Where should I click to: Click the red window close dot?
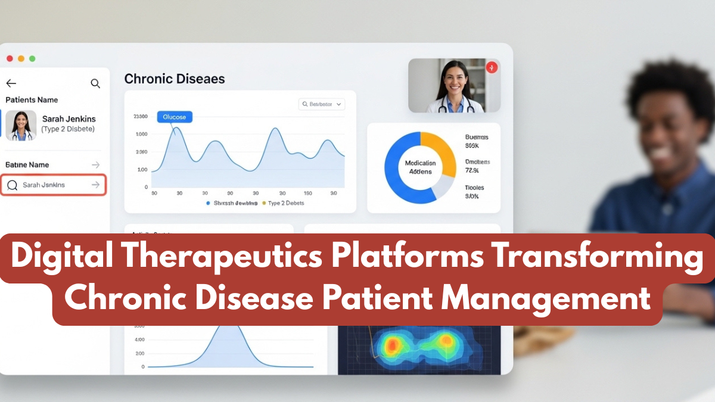[10, 58]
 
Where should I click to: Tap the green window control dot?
[32, 58]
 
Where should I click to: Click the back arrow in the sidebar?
[11, 83]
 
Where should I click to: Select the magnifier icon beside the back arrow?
[95, 83]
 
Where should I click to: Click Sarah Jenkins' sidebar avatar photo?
[21, 125]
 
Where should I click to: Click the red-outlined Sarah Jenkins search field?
[54, 185]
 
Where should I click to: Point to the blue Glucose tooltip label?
[175, 117]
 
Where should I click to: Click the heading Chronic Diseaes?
[174, 79]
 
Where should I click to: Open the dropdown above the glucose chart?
[322, 104]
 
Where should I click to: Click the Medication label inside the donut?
[420, 163]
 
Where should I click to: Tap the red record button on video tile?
[492, 67]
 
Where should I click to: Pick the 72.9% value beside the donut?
[472, 171]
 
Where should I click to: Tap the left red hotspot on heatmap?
[392, 344]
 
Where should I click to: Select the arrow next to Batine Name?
[95, 164]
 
